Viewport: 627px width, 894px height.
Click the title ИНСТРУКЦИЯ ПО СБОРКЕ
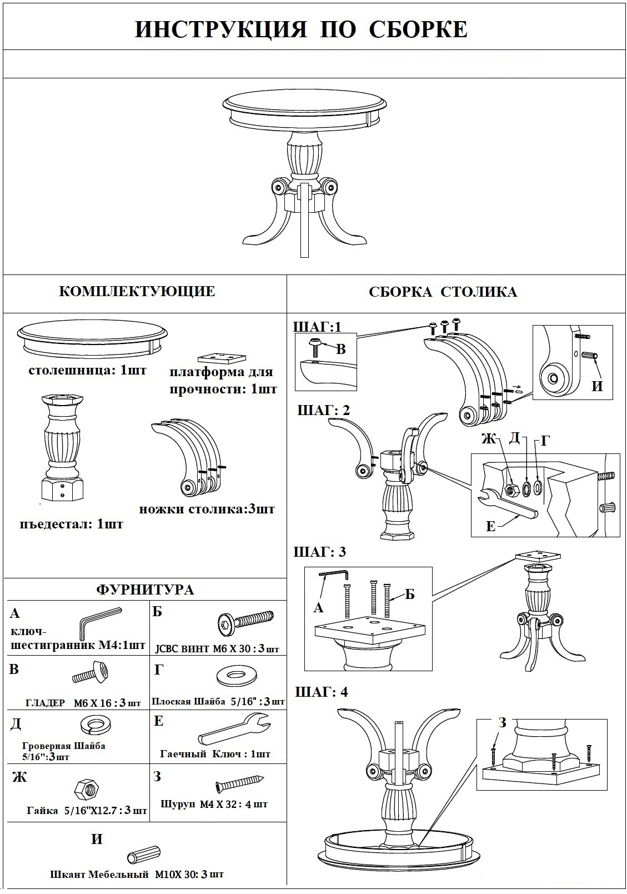pos(301,30)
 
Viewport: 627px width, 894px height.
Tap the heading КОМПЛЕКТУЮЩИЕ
pos(137,291)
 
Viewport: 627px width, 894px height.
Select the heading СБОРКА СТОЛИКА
pos(443,292)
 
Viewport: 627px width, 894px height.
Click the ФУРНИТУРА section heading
pos(146,590)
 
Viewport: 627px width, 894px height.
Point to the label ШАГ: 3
pos(319,552)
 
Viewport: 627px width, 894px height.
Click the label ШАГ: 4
pos(321,692)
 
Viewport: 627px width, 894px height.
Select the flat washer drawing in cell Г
pos(237,676)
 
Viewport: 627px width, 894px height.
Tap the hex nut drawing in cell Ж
pos(86,788)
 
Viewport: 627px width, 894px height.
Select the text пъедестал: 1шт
pos(71,524)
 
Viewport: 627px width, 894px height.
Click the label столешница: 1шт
pos(87,370)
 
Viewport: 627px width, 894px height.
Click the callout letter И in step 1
pos(597,386)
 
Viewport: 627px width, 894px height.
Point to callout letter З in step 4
pos(502,722)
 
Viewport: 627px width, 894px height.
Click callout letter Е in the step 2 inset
pos(490,526)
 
